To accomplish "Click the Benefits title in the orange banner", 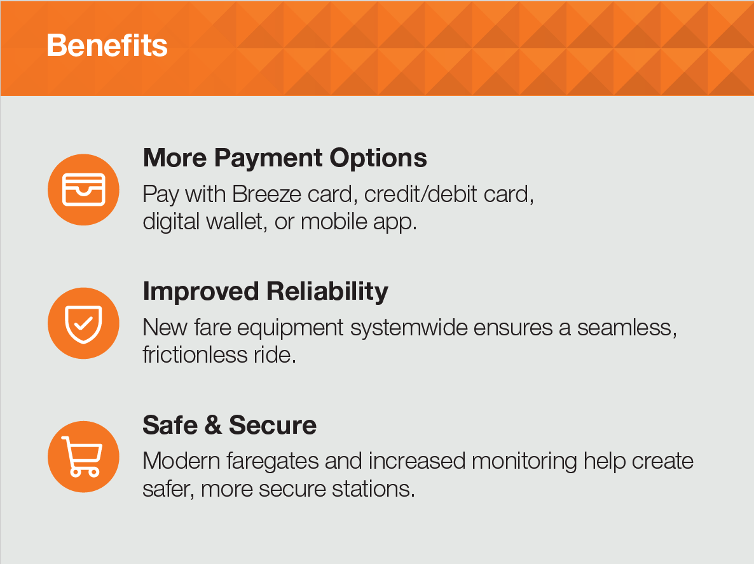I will pos(107,46).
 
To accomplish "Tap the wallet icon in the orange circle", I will pos(83,189).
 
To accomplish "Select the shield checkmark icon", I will pos(83,323).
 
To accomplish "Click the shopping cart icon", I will pos(83,457).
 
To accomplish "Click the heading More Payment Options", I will pos(285,158).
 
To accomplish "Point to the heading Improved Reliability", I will pos(265,291).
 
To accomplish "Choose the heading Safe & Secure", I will pos(230,425).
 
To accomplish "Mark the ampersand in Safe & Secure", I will pos(213,426).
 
